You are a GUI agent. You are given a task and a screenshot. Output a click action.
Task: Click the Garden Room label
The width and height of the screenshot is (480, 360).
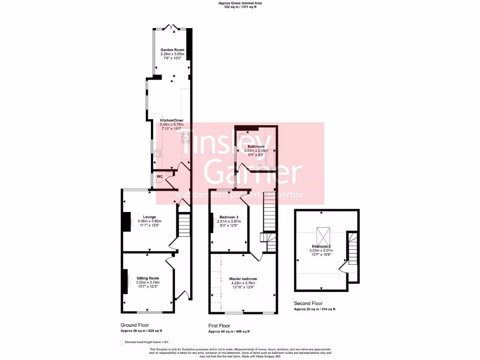coord(172,50)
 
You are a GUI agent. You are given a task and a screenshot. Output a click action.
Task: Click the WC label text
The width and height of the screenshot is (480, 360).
coord(159,176)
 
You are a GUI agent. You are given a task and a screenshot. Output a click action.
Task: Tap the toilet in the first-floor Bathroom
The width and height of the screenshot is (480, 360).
coord(240,137)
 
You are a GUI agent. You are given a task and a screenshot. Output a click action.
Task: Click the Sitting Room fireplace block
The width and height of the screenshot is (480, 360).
coord(126,281)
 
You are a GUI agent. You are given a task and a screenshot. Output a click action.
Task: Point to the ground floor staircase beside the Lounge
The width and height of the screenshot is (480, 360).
coord(184,225)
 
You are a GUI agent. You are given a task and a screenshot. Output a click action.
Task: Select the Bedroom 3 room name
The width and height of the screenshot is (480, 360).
coord(228,217)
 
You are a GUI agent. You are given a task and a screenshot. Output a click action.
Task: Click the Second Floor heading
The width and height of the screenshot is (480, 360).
coord(308,303)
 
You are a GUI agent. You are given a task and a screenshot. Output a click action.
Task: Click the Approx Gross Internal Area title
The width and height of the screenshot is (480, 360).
coord(240,3)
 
